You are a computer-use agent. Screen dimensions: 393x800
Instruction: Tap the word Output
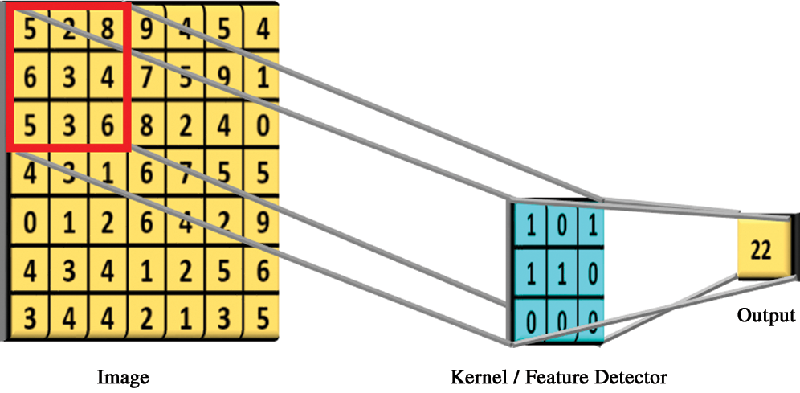pyautogui.click(x=766, y=317)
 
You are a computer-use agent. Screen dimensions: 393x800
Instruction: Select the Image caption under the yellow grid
pyautogui.click(x=123, y=376)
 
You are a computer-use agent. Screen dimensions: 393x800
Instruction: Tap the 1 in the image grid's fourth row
pyautogui.click(x=106, y=174)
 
